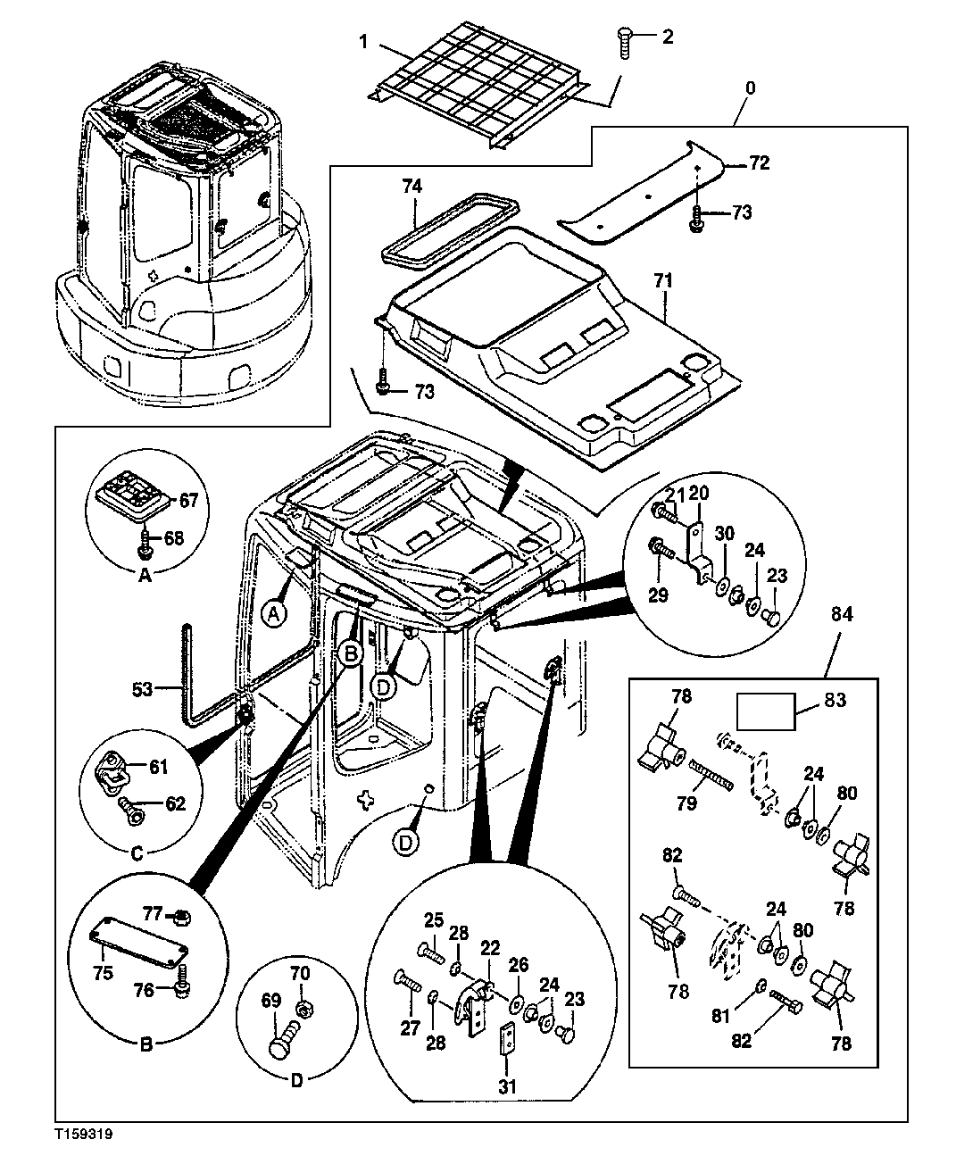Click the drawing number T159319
click(x=84, y=1131)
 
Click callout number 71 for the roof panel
click(x=661, y=280)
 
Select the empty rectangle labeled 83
click(x=765, y=712)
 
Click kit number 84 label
click(x=842, y=615)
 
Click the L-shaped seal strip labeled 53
click(x=189, y=678)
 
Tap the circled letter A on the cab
click(x=276, y=612)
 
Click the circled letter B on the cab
click(x=351, y=654)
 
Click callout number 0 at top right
click(x=749, y=88)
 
